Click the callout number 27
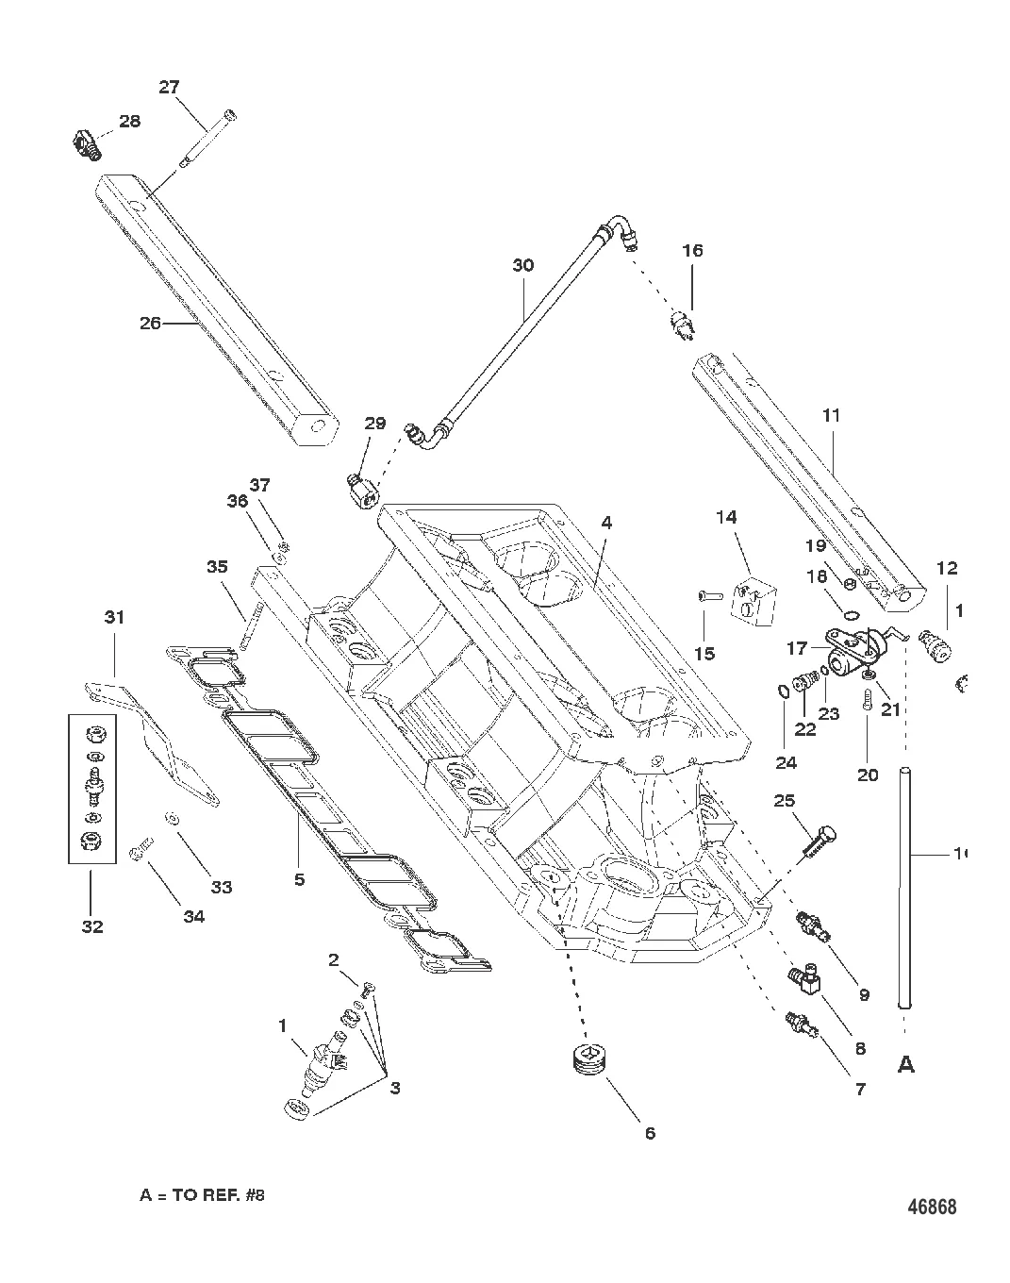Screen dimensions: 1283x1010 tap(169, 87)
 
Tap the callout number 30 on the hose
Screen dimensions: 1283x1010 tap(522, 265)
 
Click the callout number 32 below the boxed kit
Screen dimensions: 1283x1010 tap(91, 926)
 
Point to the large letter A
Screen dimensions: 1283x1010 tap(905, 1064)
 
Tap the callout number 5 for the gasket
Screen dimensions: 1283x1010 tap(299, 879)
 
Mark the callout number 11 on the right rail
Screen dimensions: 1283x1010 tap(831, 414)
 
